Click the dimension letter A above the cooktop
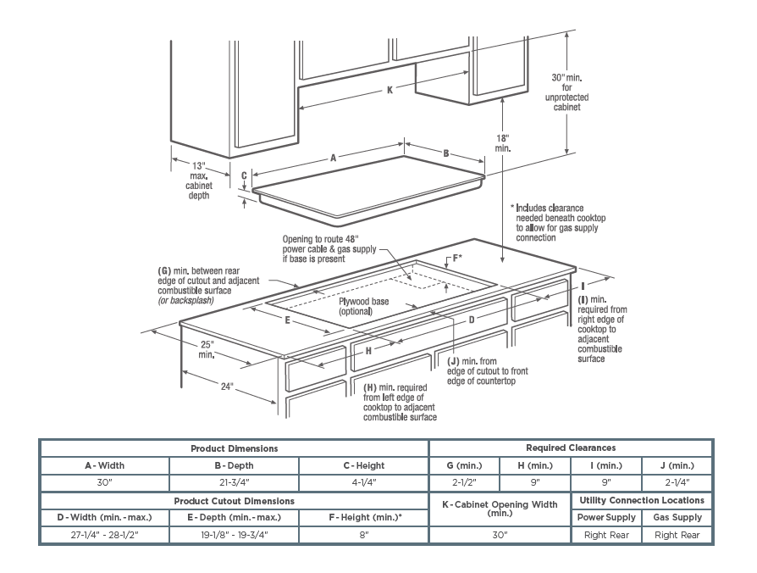click(x=334, y=158)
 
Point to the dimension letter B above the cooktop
click(x=446, y=153)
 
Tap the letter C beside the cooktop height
click(x=244, y=176)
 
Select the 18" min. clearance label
click(x=503, y=142)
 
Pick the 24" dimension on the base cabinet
click(x=226, y=387)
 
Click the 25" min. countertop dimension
click(x=207, y=349)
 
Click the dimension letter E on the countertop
click(x=288, y=320)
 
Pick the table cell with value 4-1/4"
click(x=364, y=483)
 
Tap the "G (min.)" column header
click(x=464, y=465)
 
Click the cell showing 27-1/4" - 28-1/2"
click(x=104, y=535)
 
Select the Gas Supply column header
click(x=677, y=517)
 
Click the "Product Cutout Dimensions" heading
click(x=235, y=501)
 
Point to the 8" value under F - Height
click(x=364, y=535)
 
